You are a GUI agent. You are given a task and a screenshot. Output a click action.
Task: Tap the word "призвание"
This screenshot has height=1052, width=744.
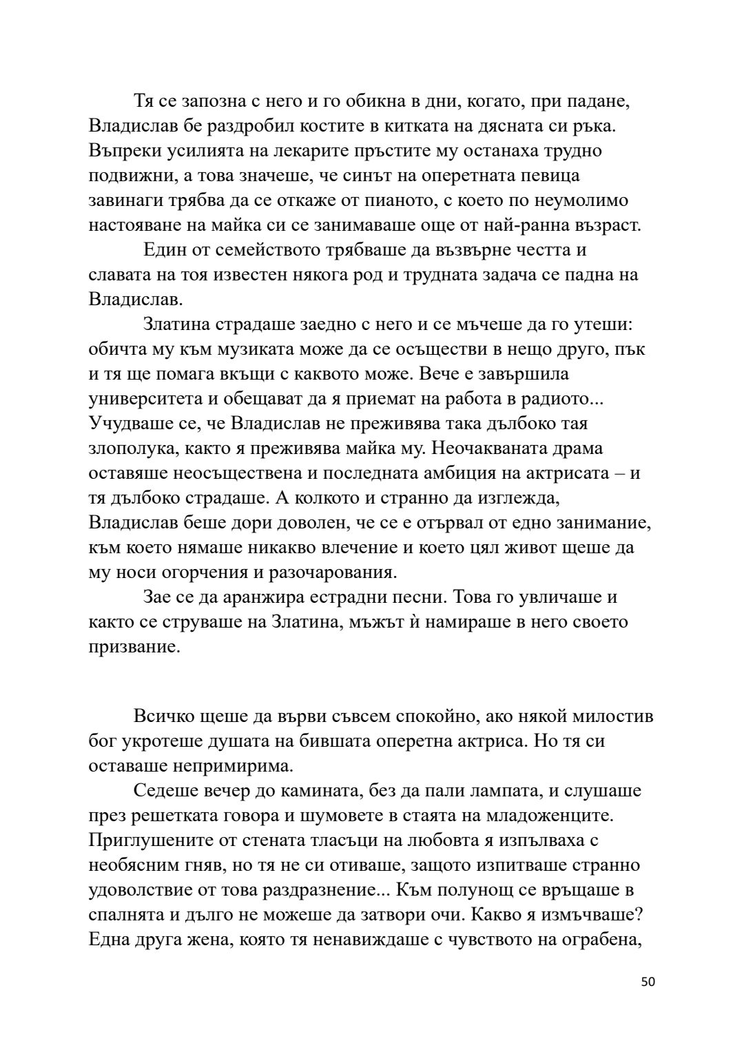click(x=134, y=647)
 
